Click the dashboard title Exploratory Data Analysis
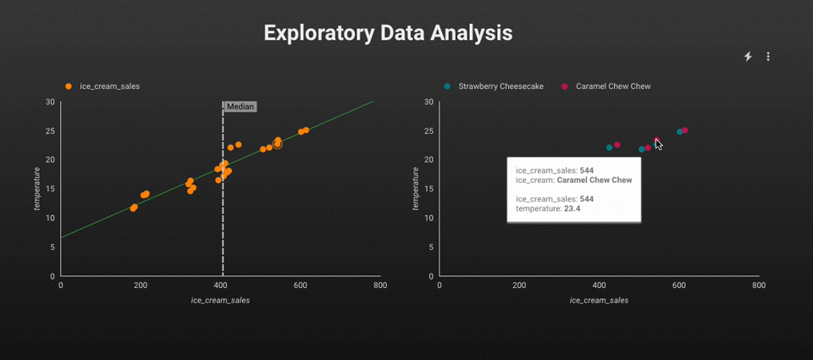[388, 33]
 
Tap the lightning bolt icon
[748, 57]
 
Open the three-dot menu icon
[768, 57]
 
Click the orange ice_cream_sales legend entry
[102, 86]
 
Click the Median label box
[240, 107]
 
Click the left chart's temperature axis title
[37, 188]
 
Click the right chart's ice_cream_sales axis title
[599, 300]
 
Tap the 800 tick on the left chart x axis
[380, 286]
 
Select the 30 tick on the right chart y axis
[429, 102]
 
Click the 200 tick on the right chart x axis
[518, 286]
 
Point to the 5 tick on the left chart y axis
[53, 247]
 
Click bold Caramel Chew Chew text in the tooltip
[594, 180]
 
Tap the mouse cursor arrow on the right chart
[658, 144]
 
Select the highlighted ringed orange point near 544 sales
[277, 145]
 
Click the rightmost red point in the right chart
[684, 130]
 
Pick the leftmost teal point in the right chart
[609, 147]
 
